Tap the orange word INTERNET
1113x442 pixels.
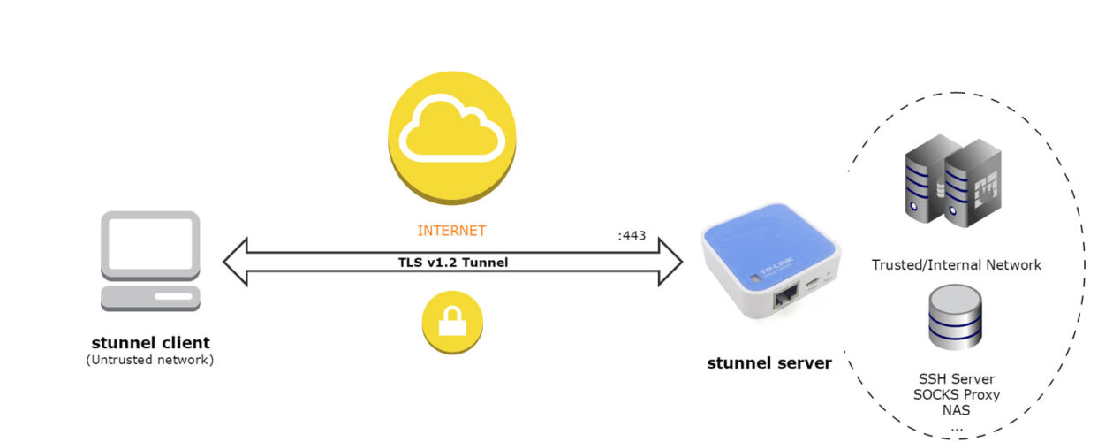(x=451, y=231)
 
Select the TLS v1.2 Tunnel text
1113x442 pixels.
(x=452, y=262)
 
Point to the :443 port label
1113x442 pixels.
(x=632, y=236)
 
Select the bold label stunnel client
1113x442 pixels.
(x=150, y=342)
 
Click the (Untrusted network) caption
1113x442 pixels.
(x=150, y=361)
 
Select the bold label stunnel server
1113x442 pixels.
(x=768, y=362)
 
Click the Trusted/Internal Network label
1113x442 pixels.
(x=957, y=264)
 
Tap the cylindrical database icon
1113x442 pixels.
(x=955, y=316)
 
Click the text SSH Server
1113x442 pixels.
(x=956, y=378)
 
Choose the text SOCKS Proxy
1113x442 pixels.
(x=956, y=394)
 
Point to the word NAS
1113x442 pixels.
(x=956, y=410)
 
